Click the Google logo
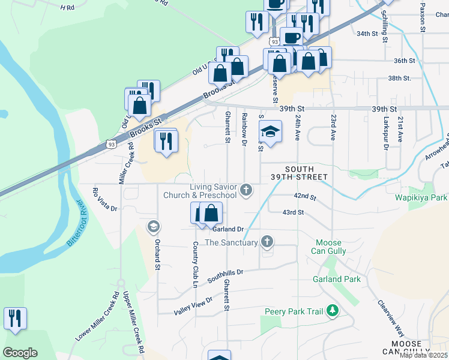(20, 353)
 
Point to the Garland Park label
(336, 279)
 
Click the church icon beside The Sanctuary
(267, 242)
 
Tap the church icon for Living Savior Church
(245, 191)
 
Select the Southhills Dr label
(225, 276)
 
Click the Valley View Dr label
(193, 306)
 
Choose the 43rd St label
(294, 212)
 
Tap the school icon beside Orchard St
(153, 226)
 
